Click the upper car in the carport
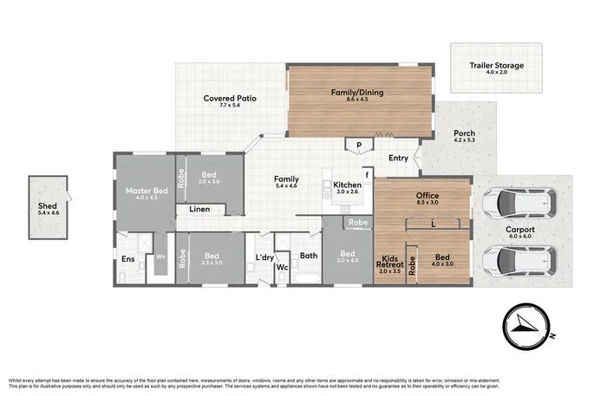pos(518,203)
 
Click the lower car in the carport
pos(518,258)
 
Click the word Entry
pos(398,158)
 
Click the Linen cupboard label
pos(199,210)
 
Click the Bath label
pos(309,256)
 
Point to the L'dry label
pos(264,257)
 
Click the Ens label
pos(127,258)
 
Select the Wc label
pos(281,267)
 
